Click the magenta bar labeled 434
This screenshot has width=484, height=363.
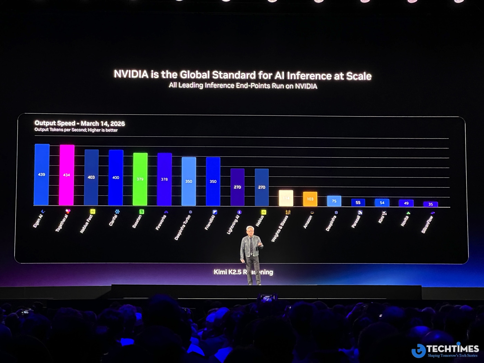tap(66, 175)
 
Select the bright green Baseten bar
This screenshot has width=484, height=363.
tap(140, 179)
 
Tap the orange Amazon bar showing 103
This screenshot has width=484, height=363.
tap(310, 199)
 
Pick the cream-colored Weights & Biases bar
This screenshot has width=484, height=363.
tap(286, 198)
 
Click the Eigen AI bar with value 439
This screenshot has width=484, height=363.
tap(42, 175)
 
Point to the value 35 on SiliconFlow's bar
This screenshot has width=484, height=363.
tap(430, 204)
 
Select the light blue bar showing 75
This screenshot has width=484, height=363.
tap(334, 201)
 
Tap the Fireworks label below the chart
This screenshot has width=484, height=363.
tap(161, 222)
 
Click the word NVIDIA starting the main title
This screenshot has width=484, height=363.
tap(131, 74)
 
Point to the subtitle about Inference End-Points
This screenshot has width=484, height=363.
tap(243, 86)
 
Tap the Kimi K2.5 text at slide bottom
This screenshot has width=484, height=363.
tap(228, 272)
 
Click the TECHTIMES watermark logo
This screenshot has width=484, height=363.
tap(445, 350)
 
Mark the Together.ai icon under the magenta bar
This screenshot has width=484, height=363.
tap(68, 211)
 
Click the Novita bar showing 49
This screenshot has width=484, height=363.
tap(406, 203)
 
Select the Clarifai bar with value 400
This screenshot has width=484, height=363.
tap(116, 178)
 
